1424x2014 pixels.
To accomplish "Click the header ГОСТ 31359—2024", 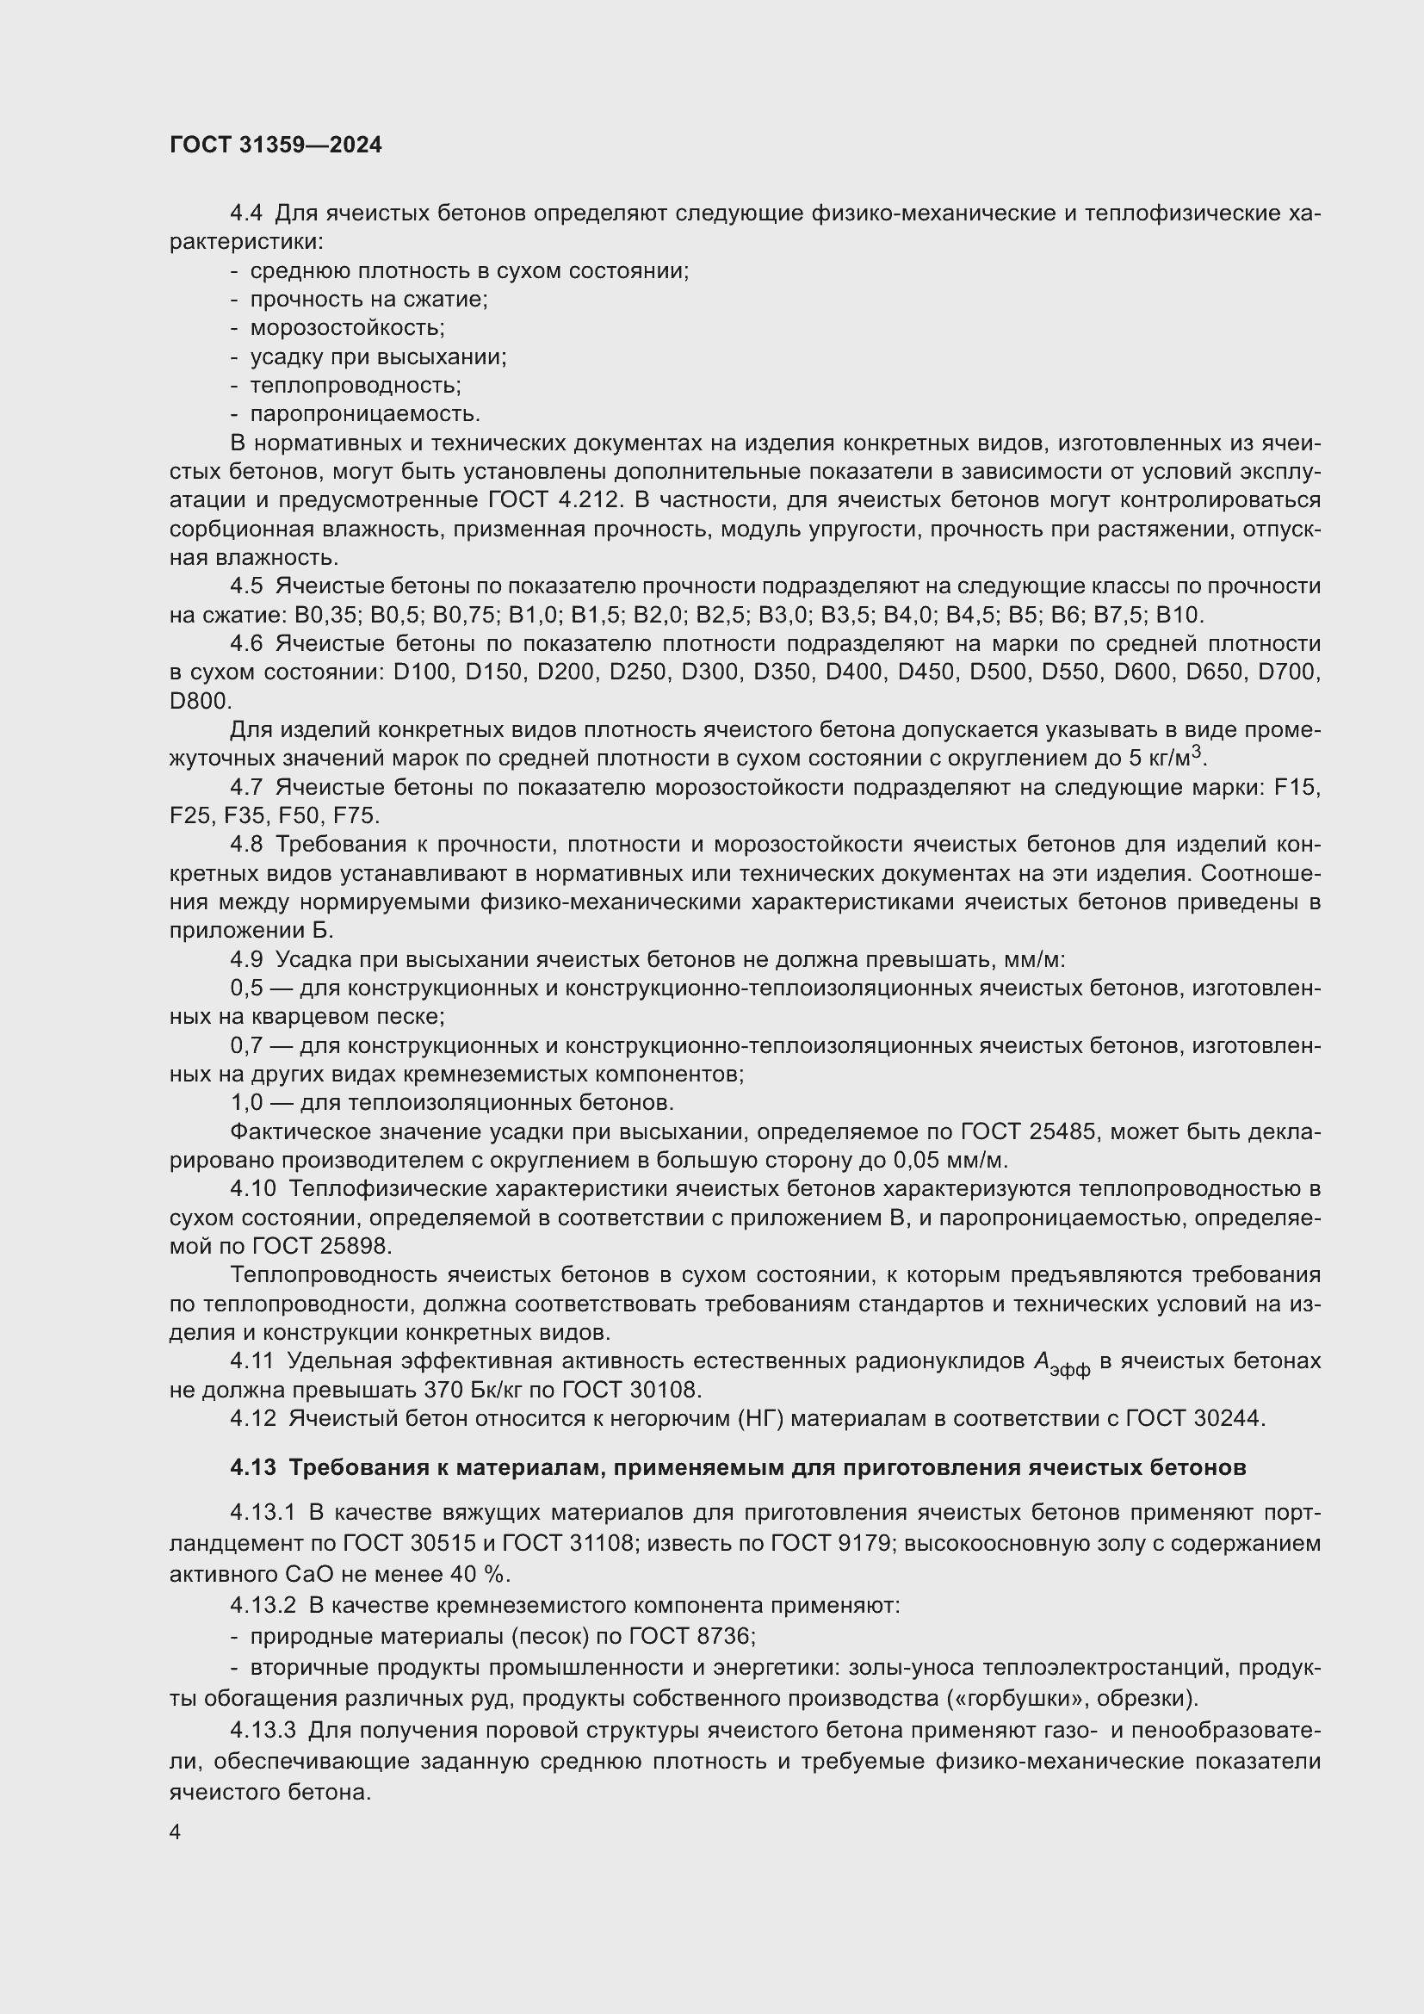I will point(276,145).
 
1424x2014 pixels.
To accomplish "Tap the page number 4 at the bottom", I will point(176,1831).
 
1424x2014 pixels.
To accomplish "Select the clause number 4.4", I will point(245,214).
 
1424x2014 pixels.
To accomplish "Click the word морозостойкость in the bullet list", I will point(347,328).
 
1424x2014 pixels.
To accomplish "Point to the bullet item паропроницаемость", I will point(365,414).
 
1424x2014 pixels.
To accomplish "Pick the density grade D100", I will point(423,672).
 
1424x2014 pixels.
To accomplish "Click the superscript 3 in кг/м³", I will point(1196,752).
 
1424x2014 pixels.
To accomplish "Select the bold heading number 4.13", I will point(252,1467).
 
